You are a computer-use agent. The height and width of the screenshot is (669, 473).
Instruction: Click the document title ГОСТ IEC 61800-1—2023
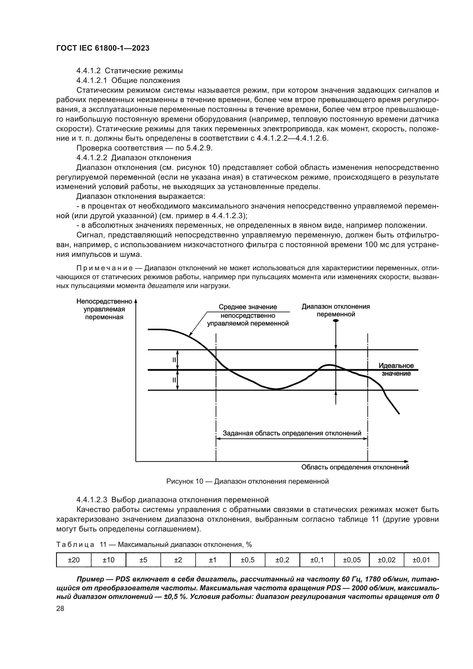(103, 48)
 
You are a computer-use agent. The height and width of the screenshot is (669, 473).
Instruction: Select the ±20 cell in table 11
(74, 560)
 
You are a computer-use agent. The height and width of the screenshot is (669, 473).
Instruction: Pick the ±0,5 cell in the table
(248, 560)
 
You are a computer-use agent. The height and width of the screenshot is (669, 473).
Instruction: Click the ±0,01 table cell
(421, 560)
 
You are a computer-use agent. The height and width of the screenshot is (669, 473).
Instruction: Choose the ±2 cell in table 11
(178, 560)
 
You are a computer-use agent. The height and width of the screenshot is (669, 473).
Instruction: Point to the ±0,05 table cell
(351, 560)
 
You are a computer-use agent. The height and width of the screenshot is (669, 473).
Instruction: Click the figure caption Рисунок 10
(247, 481)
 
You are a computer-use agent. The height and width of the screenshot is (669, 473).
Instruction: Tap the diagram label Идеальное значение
(396, 370)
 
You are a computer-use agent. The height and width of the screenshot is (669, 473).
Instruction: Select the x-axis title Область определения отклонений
(355, 467)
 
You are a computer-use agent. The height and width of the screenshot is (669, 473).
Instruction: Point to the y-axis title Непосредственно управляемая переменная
(104, 309)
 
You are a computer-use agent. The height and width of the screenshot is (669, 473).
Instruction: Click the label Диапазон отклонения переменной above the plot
(336, 310)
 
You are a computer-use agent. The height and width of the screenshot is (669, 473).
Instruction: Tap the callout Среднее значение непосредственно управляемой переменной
(248, 315)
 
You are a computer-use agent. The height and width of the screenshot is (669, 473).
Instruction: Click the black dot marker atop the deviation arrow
(336, 321)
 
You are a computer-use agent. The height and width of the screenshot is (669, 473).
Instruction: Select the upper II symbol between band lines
(174, 360)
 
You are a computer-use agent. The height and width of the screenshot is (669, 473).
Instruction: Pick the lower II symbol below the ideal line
(174, 380)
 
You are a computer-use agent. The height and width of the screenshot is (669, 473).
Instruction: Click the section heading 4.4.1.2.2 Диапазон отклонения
(134, 158)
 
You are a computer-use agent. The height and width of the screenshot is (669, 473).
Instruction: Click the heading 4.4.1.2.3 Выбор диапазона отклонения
(172, 500)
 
